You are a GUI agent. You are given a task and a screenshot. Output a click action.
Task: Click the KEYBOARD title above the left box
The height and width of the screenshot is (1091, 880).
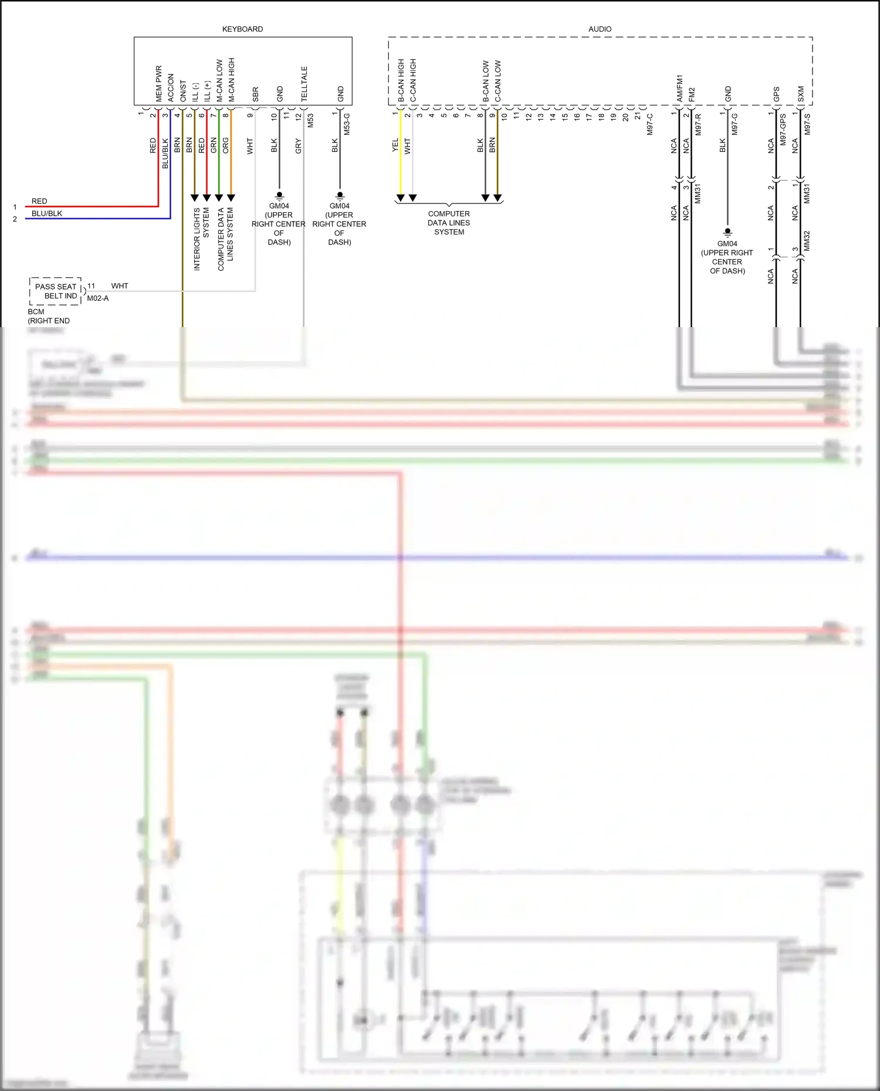click(x=242, y=29)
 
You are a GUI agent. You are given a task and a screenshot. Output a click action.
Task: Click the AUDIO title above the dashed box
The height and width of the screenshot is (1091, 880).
click(x=600, y=29)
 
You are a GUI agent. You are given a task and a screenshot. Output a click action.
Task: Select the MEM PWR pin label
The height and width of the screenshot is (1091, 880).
click(x=158, y=84)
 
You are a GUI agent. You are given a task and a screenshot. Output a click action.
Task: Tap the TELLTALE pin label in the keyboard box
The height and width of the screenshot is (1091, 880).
click(x=304, y=84)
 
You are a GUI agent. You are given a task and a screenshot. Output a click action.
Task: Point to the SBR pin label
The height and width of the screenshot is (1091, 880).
click(x=255, y=94)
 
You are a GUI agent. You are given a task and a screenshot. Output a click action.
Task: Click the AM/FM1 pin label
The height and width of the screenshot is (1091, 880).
click(x=679, y=88)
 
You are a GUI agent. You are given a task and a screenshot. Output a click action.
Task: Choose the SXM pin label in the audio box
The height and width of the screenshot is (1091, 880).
click(x=801, y=94)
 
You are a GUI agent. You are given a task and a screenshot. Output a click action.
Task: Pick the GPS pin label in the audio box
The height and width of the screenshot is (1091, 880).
click(x=776, y=94)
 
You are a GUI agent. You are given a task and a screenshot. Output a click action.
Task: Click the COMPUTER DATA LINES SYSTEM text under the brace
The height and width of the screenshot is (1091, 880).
click(x=449, y=223)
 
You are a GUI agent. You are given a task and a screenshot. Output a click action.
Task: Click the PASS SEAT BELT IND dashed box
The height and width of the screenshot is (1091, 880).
click(x=56, y=291)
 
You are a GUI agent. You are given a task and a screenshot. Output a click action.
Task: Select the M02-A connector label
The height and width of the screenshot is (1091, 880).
click(x=97, y=298)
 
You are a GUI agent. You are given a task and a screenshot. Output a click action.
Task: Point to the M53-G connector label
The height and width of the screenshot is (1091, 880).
click(x=347, y=124)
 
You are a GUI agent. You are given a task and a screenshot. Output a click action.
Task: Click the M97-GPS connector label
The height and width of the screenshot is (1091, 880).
click(x=783, y=130)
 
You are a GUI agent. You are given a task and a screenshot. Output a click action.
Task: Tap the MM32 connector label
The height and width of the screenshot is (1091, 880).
click(x=807, y=241)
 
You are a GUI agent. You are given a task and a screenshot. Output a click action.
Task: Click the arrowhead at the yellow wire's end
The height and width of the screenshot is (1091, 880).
click(x=400, y=198)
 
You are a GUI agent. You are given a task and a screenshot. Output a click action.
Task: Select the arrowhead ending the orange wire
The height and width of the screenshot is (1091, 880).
click(x=231, y=198)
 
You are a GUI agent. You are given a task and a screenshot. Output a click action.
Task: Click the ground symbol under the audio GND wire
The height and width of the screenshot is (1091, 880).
click(x=727, y=232)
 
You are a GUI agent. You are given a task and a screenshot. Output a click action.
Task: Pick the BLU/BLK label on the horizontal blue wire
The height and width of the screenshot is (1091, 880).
click(x=47, y=213)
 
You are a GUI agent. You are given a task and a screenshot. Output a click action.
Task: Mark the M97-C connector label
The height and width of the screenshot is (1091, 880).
click(x=650, y=124)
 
